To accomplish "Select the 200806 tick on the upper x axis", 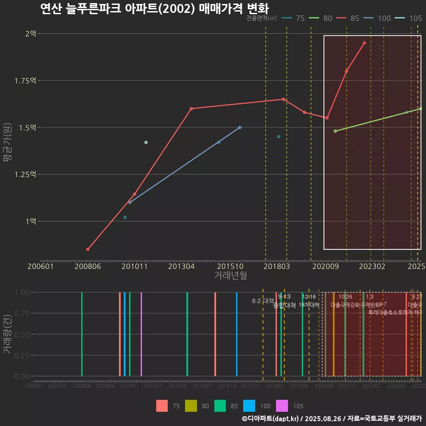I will coord(88,266).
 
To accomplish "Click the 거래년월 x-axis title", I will coord(230,275).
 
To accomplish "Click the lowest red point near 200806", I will coord(88,249).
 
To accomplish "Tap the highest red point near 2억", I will coord(364,43).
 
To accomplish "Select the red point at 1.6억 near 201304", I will coord(191,108).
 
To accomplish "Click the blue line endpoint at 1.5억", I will coord(240,127).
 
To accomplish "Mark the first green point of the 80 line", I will coord(335,131).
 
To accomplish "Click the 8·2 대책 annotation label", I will coord(263,300).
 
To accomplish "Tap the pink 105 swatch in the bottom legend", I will coord(282,406).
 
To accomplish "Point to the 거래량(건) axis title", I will coord(7,334).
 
